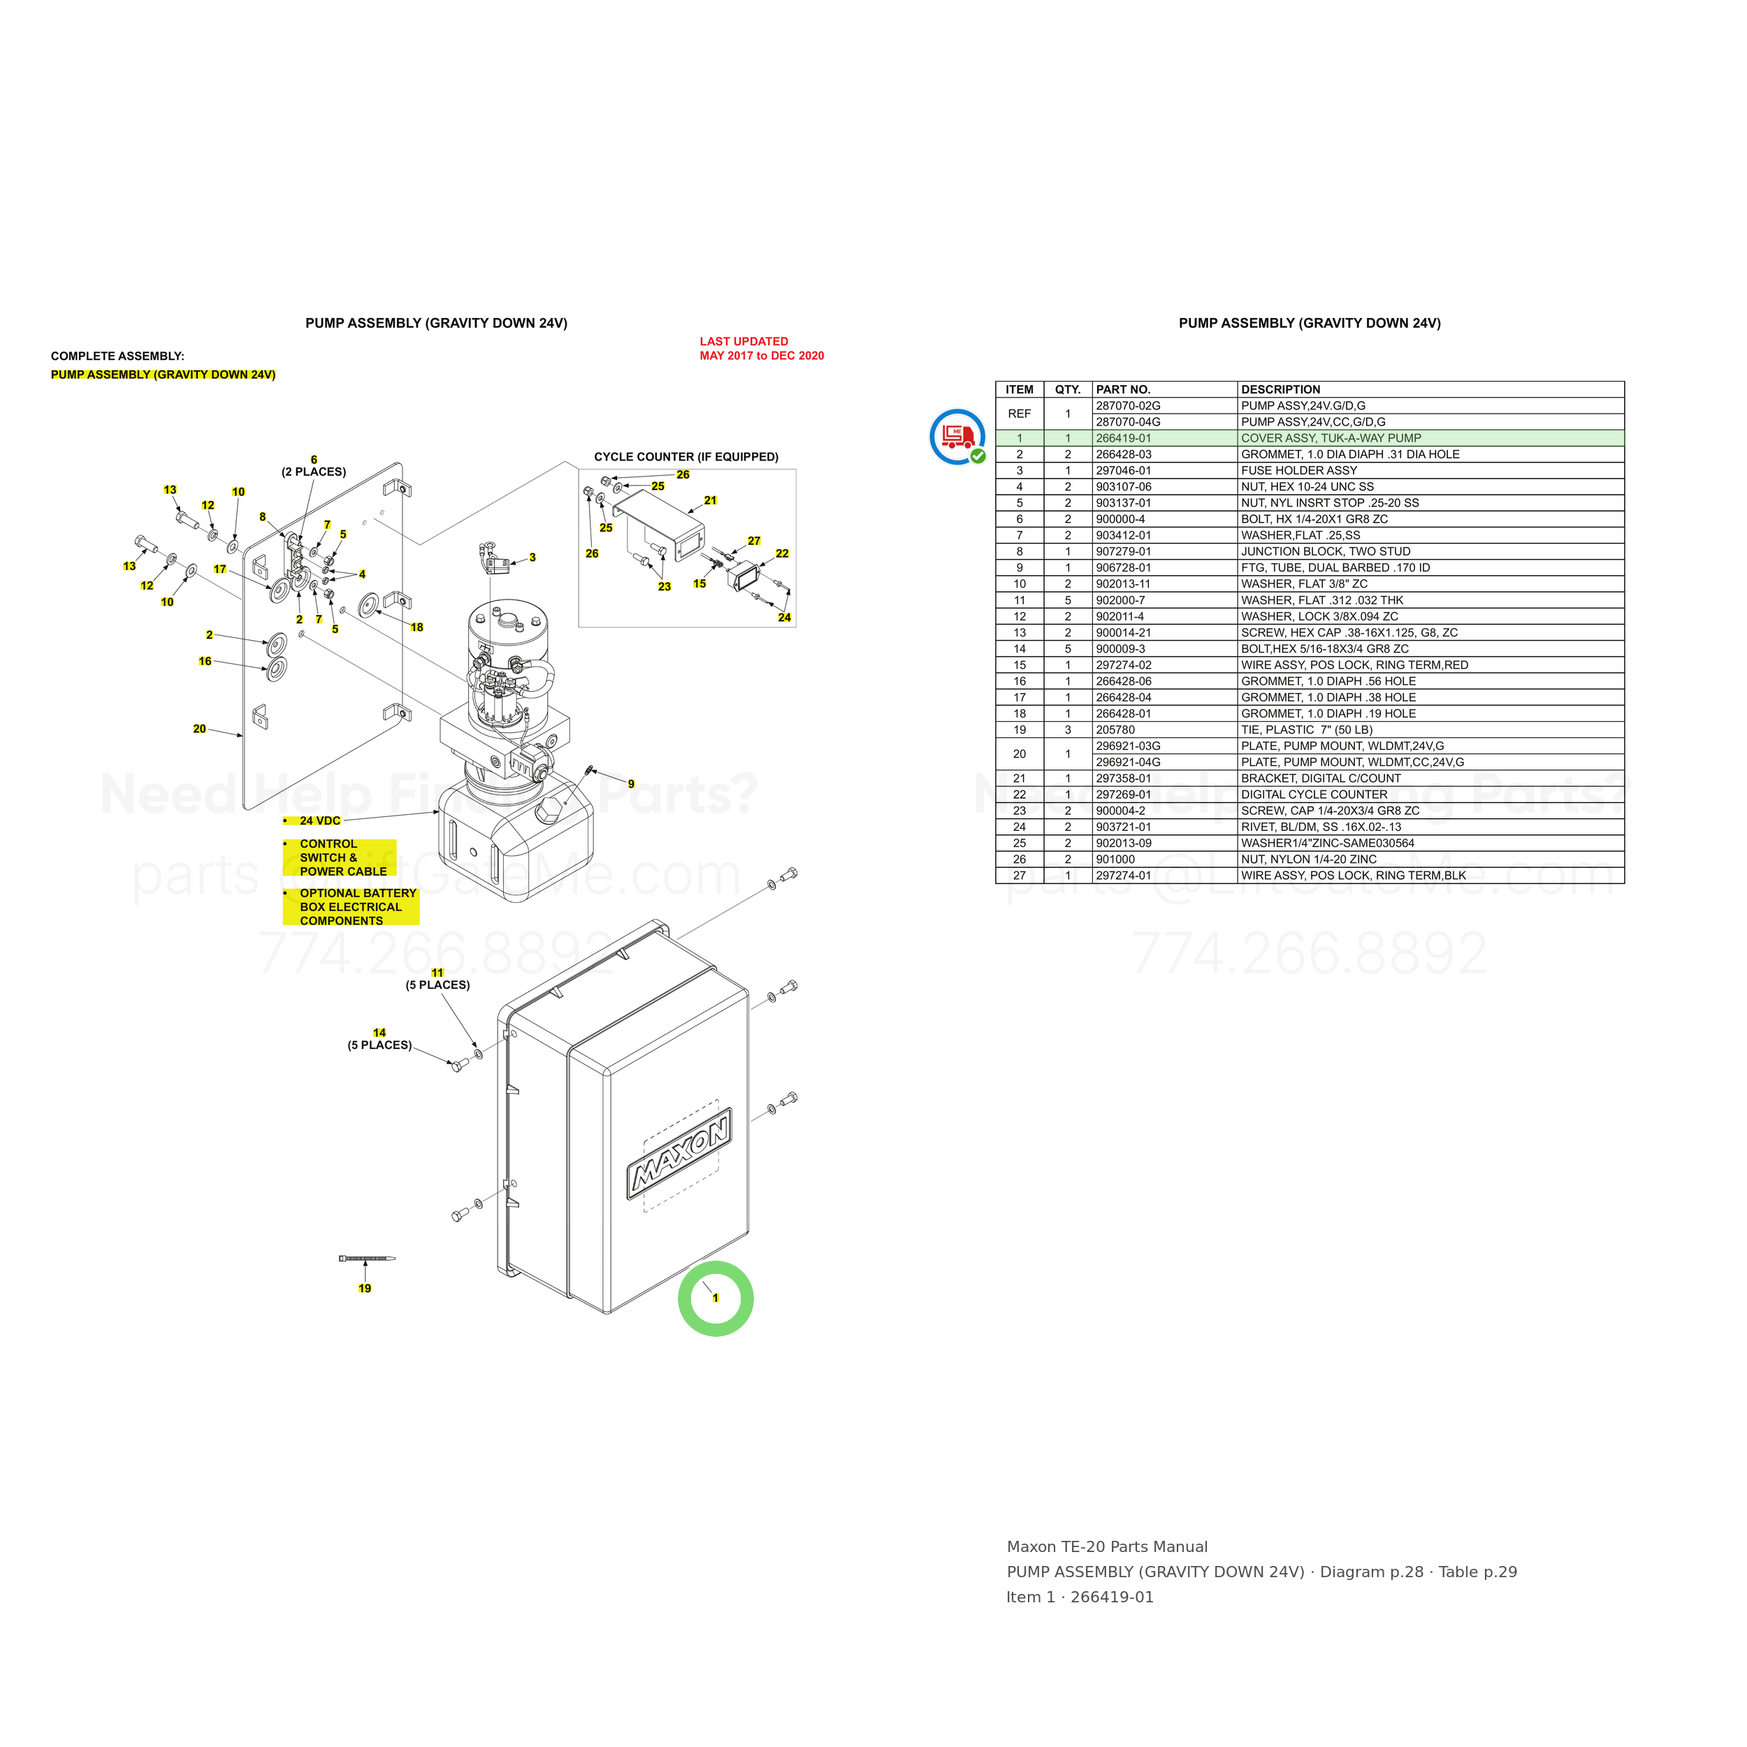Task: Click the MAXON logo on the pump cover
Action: coord(679,1152)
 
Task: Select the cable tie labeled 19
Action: coord(366,1258)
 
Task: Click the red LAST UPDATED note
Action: coord(762,348)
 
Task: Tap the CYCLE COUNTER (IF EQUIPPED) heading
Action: coord(686,456)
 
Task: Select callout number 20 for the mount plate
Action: coord(199,729)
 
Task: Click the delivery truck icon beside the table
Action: coord(957,437)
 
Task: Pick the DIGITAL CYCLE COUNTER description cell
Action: coord(1314,795)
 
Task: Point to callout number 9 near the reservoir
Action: coord(631,784)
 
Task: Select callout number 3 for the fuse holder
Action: coord(532,558)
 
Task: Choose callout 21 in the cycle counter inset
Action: coord(710,500)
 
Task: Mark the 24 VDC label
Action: coord(320,821)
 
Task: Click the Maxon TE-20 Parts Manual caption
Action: coord(1107,1547)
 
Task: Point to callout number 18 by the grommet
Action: coord(417,628)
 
